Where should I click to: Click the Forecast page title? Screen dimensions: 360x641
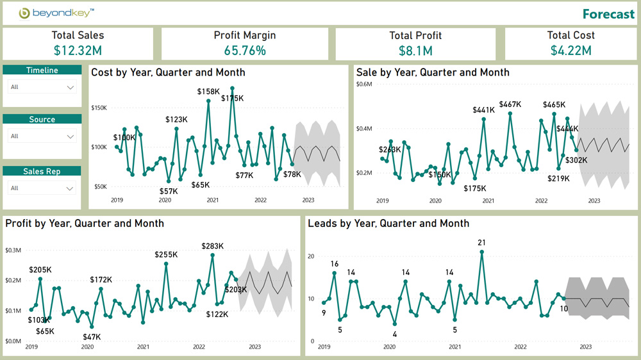pos(608,14)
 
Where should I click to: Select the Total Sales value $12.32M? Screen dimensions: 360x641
pos(78,50)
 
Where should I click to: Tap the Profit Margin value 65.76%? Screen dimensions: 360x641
pos(245,50)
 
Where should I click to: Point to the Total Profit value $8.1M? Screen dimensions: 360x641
pos(415,51)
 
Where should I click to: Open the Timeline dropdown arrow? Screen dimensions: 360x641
pos(71,88)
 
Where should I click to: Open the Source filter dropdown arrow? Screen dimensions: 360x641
pos(71,136)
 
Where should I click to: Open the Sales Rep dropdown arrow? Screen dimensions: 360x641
pos(71,188)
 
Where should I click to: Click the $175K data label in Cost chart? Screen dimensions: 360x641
pos(233,98)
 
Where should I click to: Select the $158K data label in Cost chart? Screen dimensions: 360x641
pos(208,92)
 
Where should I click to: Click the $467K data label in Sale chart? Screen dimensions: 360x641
pos(510,104)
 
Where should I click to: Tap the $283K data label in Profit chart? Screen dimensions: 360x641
pos(212,246)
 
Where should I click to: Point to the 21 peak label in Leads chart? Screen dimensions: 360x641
pos(481,242)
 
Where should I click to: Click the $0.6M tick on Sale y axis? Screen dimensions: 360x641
pos(364,85)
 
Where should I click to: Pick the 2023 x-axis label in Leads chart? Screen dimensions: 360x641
pos(585,347)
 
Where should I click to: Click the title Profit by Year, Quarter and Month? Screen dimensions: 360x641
pos(85,224)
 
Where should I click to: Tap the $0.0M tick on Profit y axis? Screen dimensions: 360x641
pos(13,341)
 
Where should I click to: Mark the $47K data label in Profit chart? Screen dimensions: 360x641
pos(92,336)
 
